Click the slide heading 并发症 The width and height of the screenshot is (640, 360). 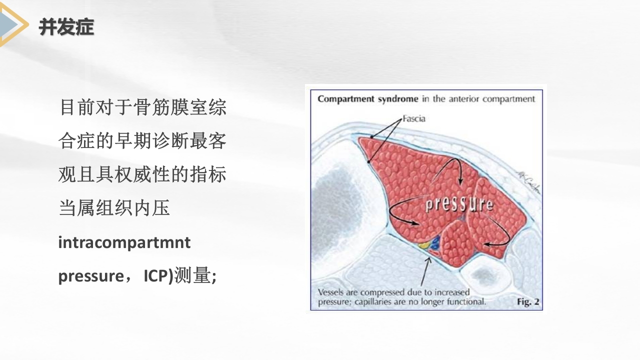(x=66, y=27)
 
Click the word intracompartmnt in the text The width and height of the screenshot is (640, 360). (x=124, y=243)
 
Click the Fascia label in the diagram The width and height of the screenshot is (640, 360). (x=413, y=119)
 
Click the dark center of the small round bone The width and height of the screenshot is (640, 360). (x=482, y=274)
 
